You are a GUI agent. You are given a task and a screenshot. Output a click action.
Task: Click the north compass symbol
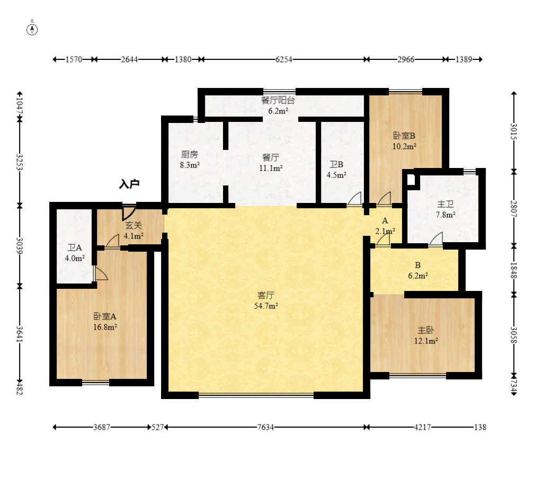pyautogui.click(x=32, y=30)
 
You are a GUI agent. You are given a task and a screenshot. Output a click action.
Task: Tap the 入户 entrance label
pyautogui.click(x=129, y=184)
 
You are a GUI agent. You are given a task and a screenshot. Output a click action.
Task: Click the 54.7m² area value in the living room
pyautogui.click(x=266, y=306)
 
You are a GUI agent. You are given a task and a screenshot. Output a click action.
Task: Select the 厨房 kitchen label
pyautogui.click(x=189, y=154)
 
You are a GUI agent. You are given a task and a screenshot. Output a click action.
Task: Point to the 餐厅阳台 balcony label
pyautogui.click(x=278, y=100)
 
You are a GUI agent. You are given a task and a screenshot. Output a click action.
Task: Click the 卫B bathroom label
pyautogui.click(x=336, y=164)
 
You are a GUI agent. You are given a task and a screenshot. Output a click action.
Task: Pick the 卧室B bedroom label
pyautogui.click(x=404, y=136)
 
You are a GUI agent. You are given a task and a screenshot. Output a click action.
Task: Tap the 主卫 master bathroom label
pyautogui.click(x=445, y=204)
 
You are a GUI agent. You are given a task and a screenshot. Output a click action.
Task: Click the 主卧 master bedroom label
pyautogui.click(x=426, y=330)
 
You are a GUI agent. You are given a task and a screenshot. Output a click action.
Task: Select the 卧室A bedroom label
pyautogui.click(x=105, y=316)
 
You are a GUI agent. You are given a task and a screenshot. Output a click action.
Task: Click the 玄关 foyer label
pyautogui.click(x=133, y=225)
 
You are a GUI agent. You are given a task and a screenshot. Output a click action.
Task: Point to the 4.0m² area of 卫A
pyautogui.click(x=75, y=259)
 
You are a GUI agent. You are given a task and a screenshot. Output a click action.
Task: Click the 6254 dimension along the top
pyautogui.click(x=284, y=59)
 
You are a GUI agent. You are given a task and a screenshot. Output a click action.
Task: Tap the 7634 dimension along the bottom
pyautogui.click(x=265, y=427)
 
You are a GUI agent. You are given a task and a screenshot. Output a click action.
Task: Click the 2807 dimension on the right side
pyautogui.click(x=514, y=209)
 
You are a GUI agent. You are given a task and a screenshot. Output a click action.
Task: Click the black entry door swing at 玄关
pyautogui.click(x=129, y=213)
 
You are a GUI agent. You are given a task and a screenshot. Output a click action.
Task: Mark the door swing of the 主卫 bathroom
pyautogui.click(x=436, y=238)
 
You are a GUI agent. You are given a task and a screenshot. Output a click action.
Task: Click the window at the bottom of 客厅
pyautogui.click(x=256, y=395)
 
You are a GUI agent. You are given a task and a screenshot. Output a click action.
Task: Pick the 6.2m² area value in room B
pyautogui.click(x=418, y=276)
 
